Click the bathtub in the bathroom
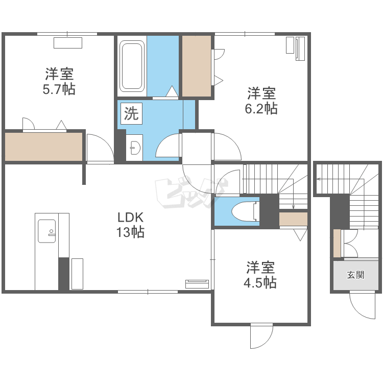(x=132, y=66)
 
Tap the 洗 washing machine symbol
(x=131, y=113)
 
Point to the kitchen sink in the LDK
(x=47, y=231)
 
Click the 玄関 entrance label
(x=355, y=275)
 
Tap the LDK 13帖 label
(x=130, y=225)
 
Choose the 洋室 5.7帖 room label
(x=59, y=81)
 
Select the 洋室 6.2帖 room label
(x=261, y=101)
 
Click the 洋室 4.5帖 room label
(x=260, y=275)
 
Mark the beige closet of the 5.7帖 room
(x=44, y=147)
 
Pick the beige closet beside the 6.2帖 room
(x=197, y=66)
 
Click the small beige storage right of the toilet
(x=293, y=219)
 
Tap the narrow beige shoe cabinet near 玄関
(x=337, y=243)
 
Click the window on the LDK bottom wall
(x=148, y=292)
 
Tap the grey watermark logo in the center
(x=192, y=193)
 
